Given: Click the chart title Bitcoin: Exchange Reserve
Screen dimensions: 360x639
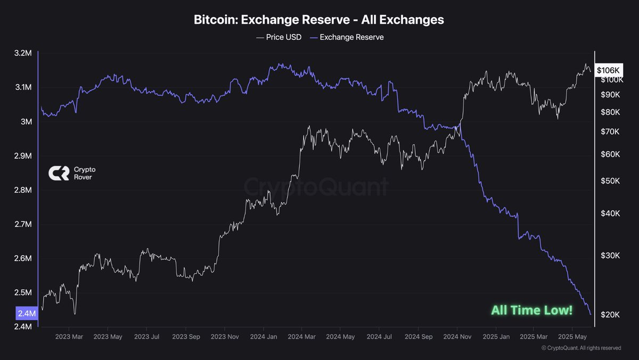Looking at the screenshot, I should coord(318,20).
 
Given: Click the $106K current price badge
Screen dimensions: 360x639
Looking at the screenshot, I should coord(608,70).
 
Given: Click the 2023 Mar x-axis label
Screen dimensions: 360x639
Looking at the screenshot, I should coord(69,337).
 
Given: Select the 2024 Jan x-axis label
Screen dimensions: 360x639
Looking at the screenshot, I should coord(264,337).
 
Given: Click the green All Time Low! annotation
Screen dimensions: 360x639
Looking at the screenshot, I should coord(531,310).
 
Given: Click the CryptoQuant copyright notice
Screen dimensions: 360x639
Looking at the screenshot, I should coord(581,348).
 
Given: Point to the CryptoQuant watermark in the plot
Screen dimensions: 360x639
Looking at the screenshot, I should coord(316,187).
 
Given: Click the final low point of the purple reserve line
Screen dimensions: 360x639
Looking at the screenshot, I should coord(590,314).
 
